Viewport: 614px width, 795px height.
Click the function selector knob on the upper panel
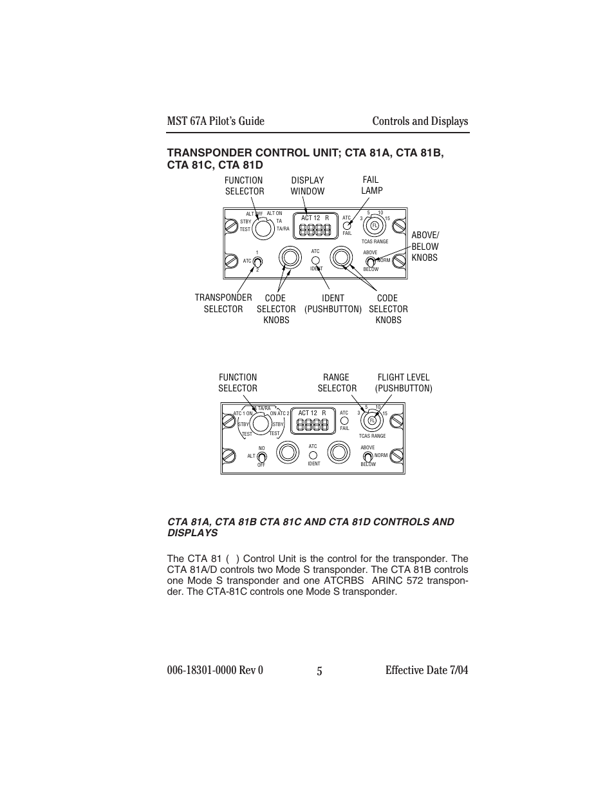pos(261,227)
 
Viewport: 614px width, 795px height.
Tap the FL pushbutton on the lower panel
pos(371,421)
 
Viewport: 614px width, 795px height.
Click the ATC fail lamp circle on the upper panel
pos(347,225)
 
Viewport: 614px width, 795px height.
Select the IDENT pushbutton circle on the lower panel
pos(313,455)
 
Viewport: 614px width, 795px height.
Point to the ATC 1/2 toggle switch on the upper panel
pos(257,261)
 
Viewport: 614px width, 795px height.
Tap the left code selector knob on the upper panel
pos(290,257)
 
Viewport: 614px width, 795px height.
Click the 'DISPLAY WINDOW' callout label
pos(307,185)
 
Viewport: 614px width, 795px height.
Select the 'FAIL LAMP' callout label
pos(371,185)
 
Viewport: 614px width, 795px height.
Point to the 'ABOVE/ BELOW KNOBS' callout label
pos(425,247)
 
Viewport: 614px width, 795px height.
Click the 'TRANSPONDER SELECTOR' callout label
pos(223,303)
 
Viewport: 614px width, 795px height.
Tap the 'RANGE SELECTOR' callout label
pos(337,382)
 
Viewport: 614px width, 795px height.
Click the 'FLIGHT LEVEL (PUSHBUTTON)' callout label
pos(404,382)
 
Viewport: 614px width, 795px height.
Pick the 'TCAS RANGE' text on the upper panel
pos(375,241)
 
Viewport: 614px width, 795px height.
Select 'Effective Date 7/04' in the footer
pos(427,670)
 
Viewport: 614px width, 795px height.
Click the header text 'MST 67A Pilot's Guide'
pos(216,121)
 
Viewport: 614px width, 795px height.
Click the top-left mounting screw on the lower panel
pos(228,420)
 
